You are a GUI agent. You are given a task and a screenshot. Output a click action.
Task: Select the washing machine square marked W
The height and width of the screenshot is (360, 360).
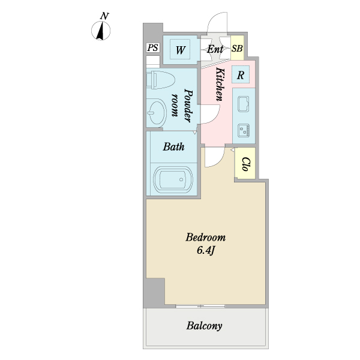click(179, 49)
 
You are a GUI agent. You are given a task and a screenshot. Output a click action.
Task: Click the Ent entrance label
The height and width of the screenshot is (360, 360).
click(215, 49)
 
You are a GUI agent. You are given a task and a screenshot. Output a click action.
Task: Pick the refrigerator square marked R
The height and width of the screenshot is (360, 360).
click(240, 76)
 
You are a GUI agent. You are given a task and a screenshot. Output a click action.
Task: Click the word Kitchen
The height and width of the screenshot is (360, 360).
click(220, 84)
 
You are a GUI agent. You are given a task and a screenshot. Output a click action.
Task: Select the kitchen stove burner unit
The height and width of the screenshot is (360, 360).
click(244, 128)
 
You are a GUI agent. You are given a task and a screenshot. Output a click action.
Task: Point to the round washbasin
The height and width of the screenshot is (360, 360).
click(157, 112)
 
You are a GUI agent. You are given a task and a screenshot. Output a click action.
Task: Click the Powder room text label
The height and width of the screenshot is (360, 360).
click(182, 103)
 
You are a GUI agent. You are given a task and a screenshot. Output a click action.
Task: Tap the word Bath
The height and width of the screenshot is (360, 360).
click(173, 146)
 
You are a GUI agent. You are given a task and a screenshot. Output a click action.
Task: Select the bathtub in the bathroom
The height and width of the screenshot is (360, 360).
click(173, 179)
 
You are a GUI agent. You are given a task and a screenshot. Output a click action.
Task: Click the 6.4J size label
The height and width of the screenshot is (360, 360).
click(206, 250)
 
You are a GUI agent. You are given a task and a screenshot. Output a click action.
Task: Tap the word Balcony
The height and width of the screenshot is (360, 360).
click(204, 326)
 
